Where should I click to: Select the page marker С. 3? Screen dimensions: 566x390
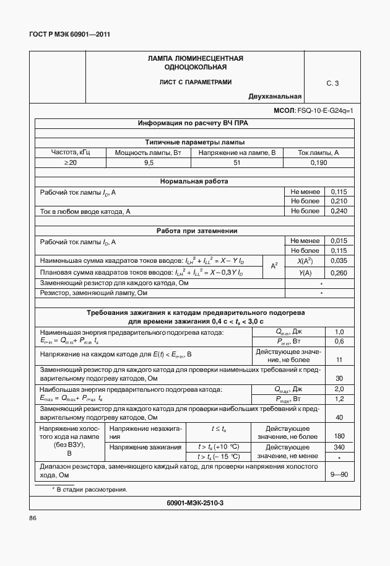click(332, 82)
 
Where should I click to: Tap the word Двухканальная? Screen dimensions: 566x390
click(275, 96)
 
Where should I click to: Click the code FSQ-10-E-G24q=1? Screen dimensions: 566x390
click(325, 110)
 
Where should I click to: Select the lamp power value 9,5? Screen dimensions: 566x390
click(149, 162)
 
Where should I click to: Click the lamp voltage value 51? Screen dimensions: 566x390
click(237, 162)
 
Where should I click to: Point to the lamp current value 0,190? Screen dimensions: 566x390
click(318, 162)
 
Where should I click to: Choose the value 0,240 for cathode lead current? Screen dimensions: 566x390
click(339, 211)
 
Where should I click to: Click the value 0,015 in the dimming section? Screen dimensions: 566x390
click(339, 241)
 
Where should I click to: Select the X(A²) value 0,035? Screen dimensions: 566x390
click(339, 261)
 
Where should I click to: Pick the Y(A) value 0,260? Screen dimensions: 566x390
click(339, 273)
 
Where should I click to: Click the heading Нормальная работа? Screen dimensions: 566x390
click(194, 182)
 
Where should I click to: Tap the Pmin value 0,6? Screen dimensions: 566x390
click(339, 342)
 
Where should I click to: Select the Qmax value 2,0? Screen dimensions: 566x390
click(339, 389)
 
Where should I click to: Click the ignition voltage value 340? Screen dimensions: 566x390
click(339, 446)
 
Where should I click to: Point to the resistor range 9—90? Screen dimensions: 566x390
click(339, 475)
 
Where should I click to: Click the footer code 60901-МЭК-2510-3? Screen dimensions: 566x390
click(194, 503)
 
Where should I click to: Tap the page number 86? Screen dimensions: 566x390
click(33, 518)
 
